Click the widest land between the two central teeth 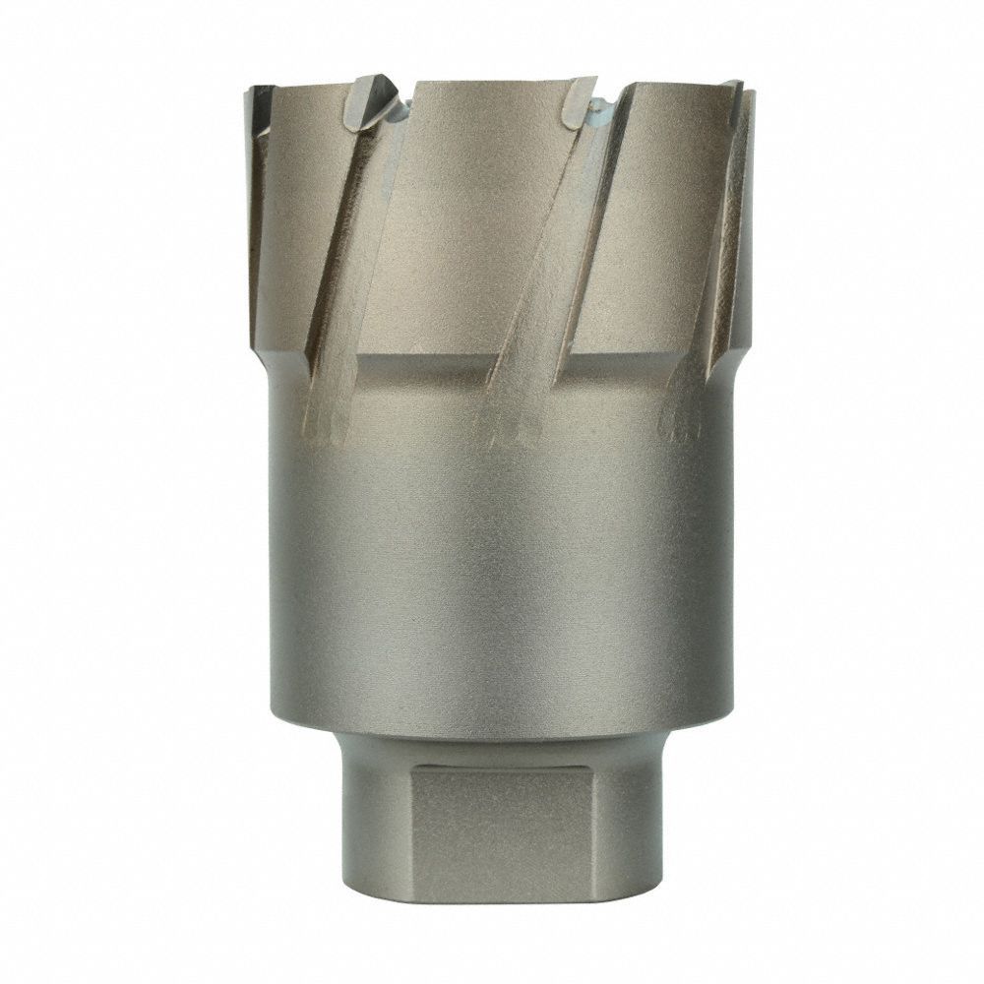click(x=482, y=216)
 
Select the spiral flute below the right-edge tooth click(x=713, y=276)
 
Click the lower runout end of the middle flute click(x=507, y=423)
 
